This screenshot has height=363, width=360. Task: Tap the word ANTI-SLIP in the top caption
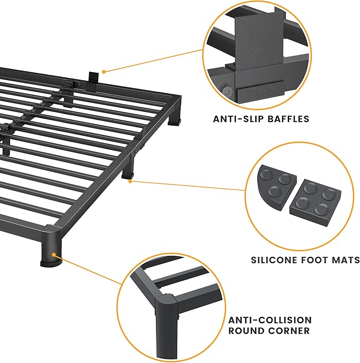tap(238, 119)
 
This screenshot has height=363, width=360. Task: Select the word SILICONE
tap(274, 260)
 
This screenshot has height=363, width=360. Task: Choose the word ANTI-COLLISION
tap(270, 320)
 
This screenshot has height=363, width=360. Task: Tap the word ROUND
tap(245, 331)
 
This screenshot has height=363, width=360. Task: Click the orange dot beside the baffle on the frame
tap(104, 71)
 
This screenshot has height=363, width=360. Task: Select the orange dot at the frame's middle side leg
tap(131, 181)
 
